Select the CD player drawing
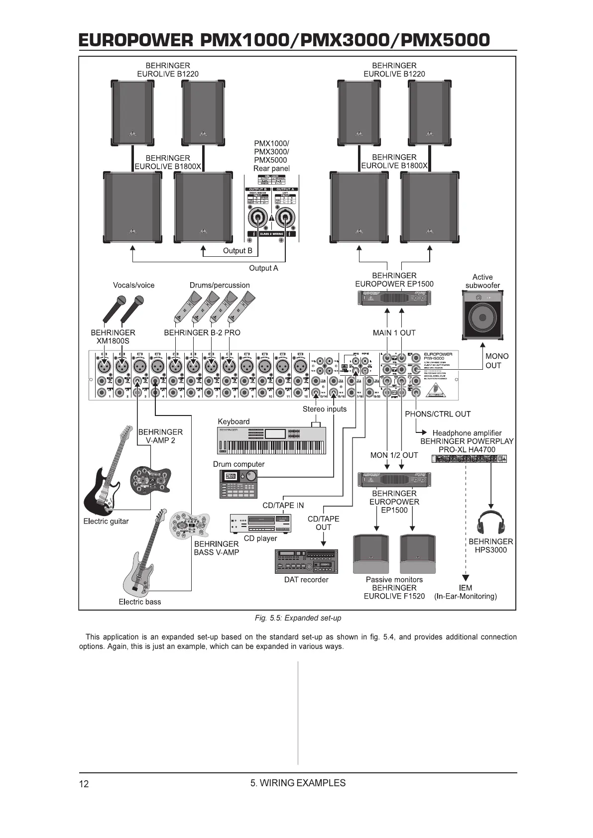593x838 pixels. [260, 523]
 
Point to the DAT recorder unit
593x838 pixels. [306, 561]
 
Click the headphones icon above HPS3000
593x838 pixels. [491, 523]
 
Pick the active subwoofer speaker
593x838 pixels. [482, 315]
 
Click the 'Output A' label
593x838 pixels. [263, 268]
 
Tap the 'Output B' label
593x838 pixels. [237, 251]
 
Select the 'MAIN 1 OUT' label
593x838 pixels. [394, 333]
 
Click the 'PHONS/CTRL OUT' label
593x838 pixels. [438, 414]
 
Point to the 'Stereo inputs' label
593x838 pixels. [325, 409]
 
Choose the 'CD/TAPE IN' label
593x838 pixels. [283, 506]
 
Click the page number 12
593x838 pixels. [84, 784]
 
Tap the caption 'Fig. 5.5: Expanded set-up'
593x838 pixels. [298, 618]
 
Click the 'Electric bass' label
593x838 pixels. [140, 602]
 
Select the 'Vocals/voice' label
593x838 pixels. [133, 285]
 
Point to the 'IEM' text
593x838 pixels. [466, 588]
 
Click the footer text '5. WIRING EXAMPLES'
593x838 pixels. [298, 783]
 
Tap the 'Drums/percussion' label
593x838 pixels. [220, 285]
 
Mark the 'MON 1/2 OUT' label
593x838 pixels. [394, 455]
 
